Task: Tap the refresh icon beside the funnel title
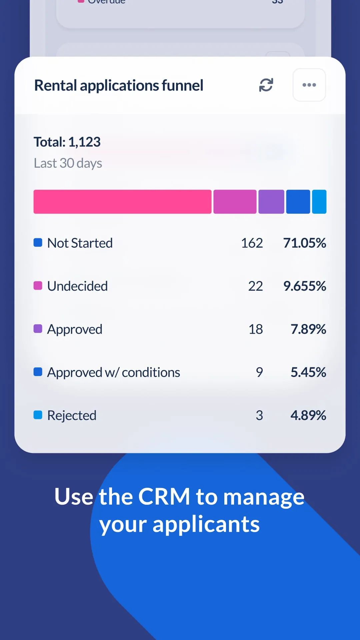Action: pos(266,85)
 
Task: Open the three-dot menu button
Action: pos(309,85)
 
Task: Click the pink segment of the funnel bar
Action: pos(122,202)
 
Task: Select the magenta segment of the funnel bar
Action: pos(235,202)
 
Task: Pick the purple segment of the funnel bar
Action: pos(271,202)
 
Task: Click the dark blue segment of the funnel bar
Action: pos(298,202)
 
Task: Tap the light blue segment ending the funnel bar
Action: pos(319,202)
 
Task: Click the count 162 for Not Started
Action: pos(252,243)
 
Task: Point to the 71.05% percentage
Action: pos(304,243)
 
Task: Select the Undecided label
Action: pos(77,286)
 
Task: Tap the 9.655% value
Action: pos(304,286)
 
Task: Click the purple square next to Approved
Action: pos(38,329)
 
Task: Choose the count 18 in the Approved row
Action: pos(256,329)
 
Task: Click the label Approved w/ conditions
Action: pos(113,372)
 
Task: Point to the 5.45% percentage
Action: pos(308,372)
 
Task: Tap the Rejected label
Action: pos(72,415)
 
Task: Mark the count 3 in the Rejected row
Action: pos(259,415)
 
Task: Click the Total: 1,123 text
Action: pos(67,142)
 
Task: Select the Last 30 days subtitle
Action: pos(68,163)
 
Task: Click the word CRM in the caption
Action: pos(164,497)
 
